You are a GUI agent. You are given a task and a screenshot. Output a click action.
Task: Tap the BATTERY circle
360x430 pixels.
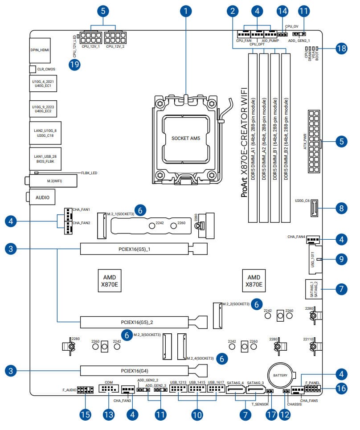pos(280,375)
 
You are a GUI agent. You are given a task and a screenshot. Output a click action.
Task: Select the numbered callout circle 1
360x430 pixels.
pos(187,10)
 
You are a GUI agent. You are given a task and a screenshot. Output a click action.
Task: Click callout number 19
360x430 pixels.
pos(75,65)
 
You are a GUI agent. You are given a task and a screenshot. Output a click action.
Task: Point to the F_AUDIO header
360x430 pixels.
pos(85,391)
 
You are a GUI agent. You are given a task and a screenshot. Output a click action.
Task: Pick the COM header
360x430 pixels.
pos(108,391)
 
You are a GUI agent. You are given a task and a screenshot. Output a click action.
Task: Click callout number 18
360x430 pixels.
pos(341,49)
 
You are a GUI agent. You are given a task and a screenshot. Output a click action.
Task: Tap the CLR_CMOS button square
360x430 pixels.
pos(32,70)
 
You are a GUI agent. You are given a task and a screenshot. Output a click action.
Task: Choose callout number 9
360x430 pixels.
pos(341,258)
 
